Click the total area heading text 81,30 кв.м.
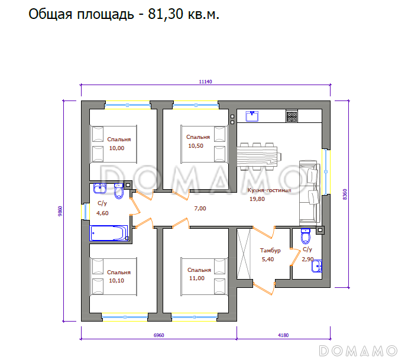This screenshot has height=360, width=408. coord(124,15)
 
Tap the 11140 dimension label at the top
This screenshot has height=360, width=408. coord(205,82)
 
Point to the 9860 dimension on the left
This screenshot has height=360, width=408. coord(59,211)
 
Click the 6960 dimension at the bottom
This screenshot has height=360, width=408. coord(158,335)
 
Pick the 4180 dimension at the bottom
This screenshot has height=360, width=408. coord(283,335)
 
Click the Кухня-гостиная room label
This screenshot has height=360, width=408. coord(270,191)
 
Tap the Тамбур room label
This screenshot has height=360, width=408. coord(270,250)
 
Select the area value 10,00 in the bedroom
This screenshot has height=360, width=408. coord(117,148)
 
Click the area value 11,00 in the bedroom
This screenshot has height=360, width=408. coord(196,278)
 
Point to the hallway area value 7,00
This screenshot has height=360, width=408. coord(200,209)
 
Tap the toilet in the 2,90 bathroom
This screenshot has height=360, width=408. coord(305,236)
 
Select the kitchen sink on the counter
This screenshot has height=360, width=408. coord(252,115)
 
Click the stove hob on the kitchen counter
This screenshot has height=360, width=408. coord(292,116)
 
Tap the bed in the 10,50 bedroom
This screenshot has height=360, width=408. coord(204,144)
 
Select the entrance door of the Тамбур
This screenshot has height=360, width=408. coord(264,288)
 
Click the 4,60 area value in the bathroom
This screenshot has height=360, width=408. coord(102,213)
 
